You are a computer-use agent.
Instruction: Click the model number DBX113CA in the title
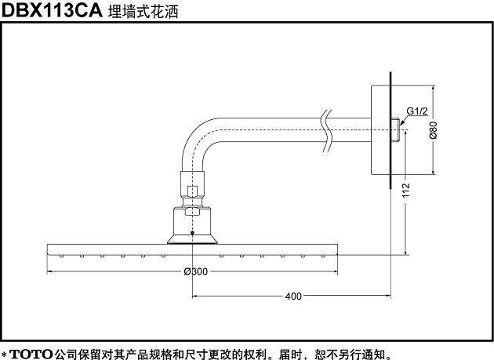click(52, 10)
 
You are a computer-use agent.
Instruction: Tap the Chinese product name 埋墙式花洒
click(143, 11)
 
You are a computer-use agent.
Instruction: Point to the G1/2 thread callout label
click(417, 111)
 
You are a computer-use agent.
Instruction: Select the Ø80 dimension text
click(434, 130)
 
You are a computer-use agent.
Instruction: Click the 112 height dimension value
click(406, 190)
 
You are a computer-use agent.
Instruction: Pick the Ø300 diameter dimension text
click(196, 271)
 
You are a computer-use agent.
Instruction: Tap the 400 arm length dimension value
click(293, 296)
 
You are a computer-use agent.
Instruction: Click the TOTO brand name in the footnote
click(31, 354)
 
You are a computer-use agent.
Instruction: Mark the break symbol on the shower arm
click(327, 131)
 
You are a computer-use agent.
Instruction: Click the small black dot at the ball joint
click(192, 233)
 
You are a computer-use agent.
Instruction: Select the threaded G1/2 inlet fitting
click(395, 129)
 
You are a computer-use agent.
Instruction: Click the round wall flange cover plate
click(380, 129)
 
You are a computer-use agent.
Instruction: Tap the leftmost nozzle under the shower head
click(61, 256)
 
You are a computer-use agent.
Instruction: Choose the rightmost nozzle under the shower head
click(323, 256)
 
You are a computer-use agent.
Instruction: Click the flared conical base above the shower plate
click(192, 239)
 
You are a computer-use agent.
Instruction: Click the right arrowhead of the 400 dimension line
click(387, 296)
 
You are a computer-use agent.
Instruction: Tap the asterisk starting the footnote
click(4, 355)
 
